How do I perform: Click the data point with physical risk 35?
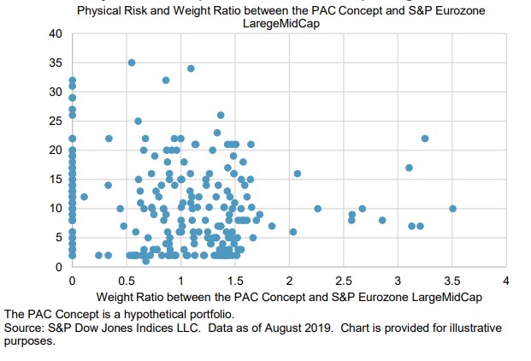coord(132,62)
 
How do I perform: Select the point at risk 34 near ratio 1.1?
coord(191,68)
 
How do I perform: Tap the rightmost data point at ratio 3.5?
coord(452,208)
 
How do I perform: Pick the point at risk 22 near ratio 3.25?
coord(425,139)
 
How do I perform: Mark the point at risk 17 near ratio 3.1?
coord(409,168)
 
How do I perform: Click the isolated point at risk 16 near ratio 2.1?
coord(298,174)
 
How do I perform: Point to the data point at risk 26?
coord(221,115)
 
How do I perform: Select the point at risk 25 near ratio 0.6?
coord(138,121)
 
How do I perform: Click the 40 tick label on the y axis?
coord(56,33)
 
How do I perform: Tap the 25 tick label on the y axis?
coord(56,121)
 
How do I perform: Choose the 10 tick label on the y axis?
coord(56,208)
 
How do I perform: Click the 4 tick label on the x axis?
coord(506,280)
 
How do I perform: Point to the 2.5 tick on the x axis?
coord(344,280)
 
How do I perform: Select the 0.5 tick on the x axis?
coord(126,280)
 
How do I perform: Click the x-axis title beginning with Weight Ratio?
coord(289,296)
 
